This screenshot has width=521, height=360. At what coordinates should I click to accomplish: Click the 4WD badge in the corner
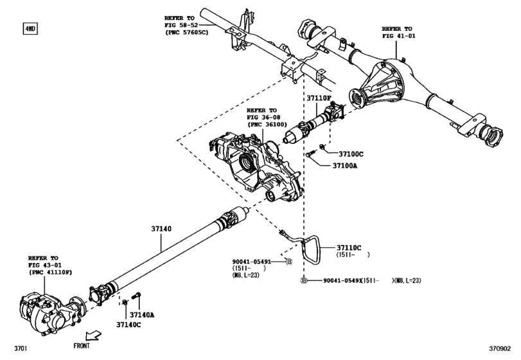coord(30,29)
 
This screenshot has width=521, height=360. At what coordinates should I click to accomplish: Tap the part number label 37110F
coord(319,98)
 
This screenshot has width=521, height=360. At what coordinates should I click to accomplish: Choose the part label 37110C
coord(351,248)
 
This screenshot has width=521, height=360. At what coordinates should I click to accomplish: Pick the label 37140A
coord(143,315)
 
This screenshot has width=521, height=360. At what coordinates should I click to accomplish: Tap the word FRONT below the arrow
coord(81,346)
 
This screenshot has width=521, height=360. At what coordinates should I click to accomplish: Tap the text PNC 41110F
coord(51,273)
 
